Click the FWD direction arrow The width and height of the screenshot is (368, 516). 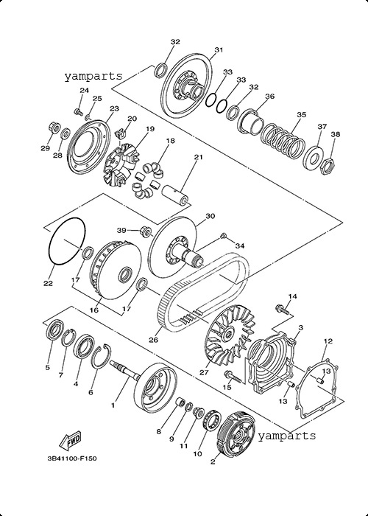pyautogui.click(x=70, y=441)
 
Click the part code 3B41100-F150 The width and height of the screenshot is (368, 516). pyautogui.click(x=72, y=458)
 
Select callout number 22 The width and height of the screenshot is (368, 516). pyautogui.click(x=49, y=283)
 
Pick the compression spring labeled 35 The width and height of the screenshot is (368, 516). pyautogui.click(x=283, y=140)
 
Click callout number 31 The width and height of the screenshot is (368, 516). pyautogui.click(x=219, y=49)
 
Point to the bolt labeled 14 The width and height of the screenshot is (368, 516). pyautogui.click(x=282, y=309)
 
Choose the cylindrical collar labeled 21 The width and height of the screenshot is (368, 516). pyautogui.click(x=177, y=195)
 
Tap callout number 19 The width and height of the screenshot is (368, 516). pyautogui.click(x=150, y=129)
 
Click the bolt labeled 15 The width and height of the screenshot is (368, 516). pyautogui.click(x=233, y=377)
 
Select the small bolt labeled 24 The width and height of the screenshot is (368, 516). pyautogui.click(x=78, y=112)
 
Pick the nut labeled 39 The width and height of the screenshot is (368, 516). pyautogui.click(x=145, y=231)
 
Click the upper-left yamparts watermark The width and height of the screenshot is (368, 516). pyautogui.click(x=93, y=77)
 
